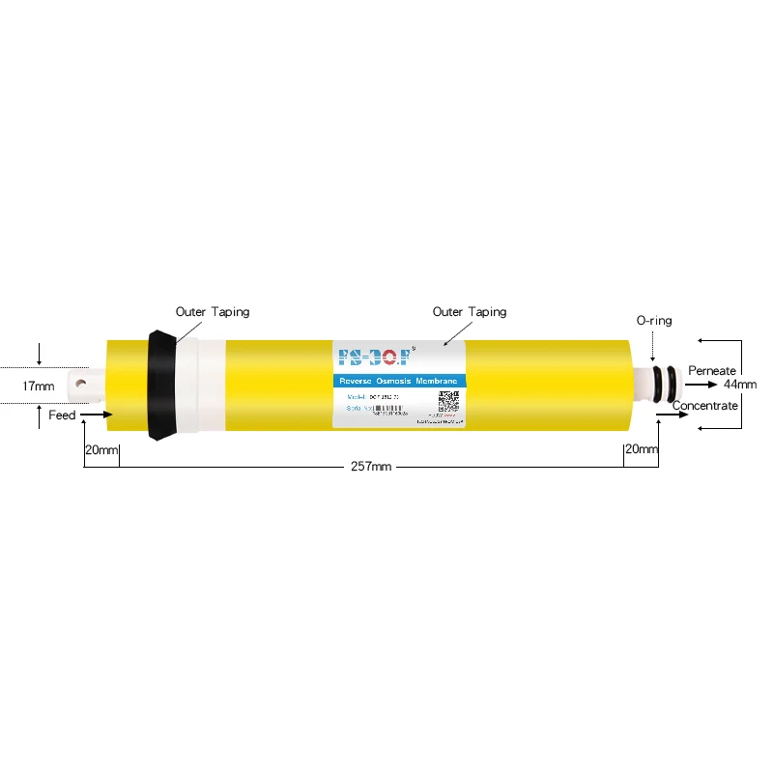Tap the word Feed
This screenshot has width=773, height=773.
[x=62, y=415]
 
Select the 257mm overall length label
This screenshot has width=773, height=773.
[x=371, y=467]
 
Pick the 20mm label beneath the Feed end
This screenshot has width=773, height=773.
[x=100, y=449]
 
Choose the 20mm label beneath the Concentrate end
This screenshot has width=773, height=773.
[x=642, y=449]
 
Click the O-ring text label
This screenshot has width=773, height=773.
[x=653, y=321]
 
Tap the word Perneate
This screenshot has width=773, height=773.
[x=712, y=371]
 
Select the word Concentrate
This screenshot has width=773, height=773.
[x=705, y=406]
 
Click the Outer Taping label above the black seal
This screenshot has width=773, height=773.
[x=213, y=312]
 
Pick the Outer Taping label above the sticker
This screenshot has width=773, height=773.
[x=470, y=312]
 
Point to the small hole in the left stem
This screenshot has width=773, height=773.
[x=81, y=383]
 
